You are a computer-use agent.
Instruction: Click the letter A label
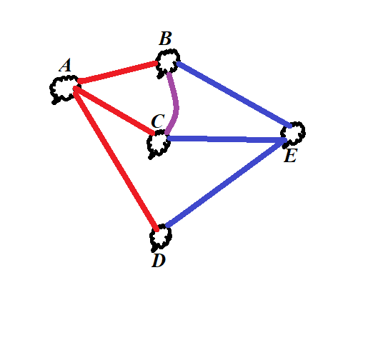[65, 65]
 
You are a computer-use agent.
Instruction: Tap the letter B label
[165, 39]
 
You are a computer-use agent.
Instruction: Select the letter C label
[158, 121]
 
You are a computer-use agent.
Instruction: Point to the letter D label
[159, 261]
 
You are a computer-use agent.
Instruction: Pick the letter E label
[290, 156]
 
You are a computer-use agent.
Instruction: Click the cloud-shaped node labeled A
[64, 89]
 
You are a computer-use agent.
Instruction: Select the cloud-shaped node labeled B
[167, 63]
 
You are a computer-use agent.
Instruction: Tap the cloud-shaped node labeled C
[158, 144]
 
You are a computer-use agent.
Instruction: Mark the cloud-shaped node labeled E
[293, 134]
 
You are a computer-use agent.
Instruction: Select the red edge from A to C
[114, 111]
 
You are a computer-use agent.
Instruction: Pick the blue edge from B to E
[234, 95]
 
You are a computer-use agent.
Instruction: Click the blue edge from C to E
[227, 139]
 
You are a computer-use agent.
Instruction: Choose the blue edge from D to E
[226, 183]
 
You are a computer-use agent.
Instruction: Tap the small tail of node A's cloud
[55, 102]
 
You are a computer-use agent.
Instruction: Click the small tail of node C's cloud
[151, 157]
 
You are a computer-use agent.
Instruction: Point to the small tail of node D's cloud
[154, 250]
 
